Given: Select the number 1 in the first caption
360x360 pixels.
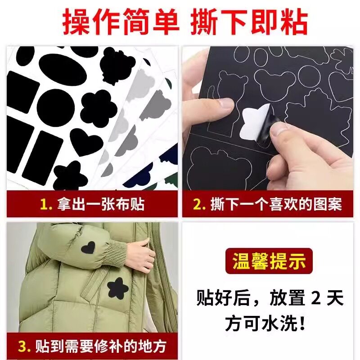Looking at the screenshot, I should point(44,205).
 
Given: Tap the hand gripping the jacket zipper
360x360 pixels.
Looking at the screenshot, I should point(143,254).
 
